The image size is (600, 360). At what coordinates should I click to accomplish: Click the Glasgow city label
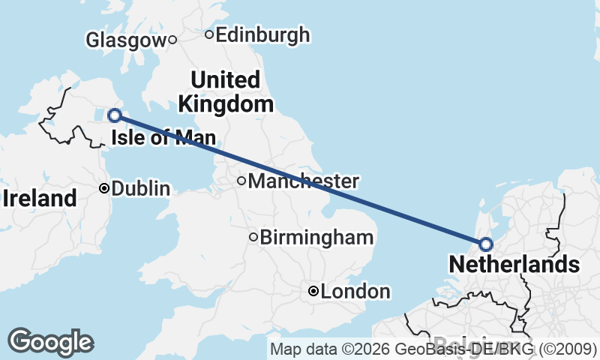pyautogui.click(x=124, y=40)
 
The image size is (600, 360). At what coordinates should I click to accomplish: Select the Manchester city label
pyautogui.click(x=303, y=181)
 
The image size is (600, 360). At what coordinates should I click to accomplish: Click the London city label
pyautogui.click(x=355, y=292)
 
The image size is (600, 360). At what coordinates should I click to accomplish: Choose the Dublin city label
pyautogui.click(x=140, y=189)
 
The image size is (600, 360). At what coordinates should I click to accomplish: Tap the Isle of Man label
pyautogui.click(x=163, y=138)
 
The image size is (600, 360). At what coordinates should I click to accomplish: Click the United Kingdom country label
pyautogui.click(x=226, y=91)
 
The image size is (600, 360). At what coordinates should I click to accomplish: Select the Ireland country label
pyautogui.click(x=40, y=199)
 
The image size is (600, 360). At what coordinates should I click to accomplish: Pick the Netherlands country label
pyautogui.click(x=514, y=264)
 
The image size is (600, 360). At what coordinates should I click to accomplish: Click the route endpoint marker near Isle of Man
pyautogui.click(x=115, y=115)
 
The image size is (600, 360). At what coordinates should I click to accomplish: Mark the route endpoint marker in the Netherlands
pyautogui.click(x=485, y=244)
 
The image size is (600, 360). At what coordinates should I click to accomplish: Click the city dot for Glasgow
pyautogui.click(x=172, y=40)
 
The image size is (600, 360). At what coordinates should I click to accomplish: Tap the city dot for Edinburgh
pyautogui.click(x=209, y=34)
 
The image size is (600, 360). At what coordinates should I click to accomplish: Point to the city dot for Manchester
pyautogui.click(x=241, y=180)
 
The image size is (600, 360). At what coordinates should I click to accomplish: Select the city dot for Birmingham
pyautogui.click(x=253, y=238)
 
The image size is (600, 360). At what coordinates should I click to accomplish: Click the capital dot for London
pyautogui.click(x=313, y=291)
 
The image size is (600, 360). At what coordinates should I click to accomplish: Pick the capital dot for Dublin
pyautogui.click(x=104, y=188)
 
